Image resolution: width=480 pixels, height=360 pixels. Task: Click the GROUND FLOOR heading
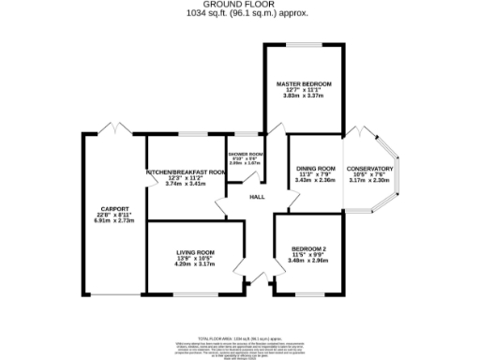tap(240, 4)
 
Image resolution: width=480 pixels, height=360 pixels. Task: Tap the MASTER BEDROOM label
tap(303, 83)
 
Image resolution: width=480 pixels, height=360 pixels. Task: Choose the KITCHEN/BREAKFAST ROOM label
tap(186, 172)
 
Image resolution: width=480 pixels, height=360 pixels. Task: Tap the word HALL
tap(256, 197)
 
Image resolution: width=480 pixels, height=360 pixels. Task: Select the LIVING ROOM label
tap(196, 252)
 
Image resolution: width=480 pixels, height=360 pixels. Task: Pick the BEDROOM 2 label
tap(308, 247)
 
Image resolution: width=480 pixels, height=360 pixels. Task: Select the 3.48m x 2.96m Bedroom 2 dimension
tap(308, 260)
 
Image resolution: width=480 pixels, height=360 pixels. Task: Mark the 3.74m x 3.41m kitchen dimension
tap(186, 185)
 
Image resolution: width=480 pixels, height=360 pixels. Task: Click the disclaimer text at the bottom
tap(240, 345)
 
